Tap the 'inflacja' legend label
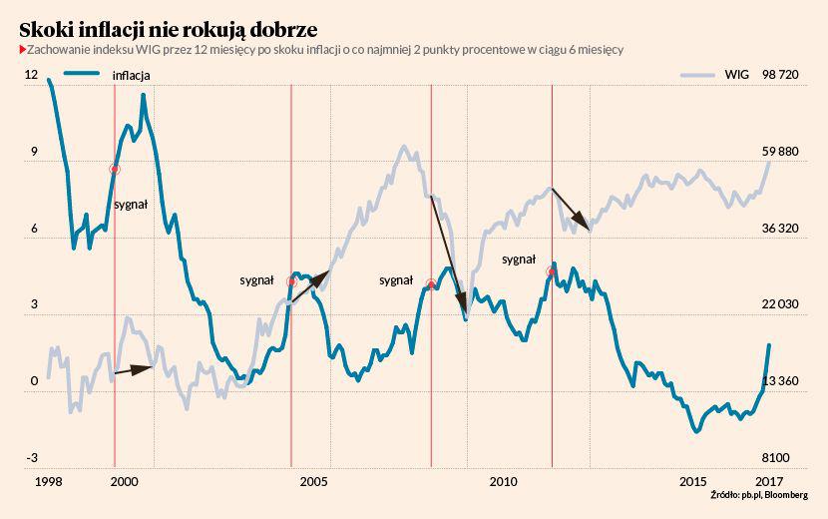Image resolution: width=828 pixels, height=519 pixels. (x=132, y=75)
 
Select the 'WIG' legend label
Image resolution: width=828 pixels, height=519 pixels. (x=737, y=75)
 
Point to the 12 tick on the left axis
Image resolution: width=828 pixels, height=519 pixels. (x=31, y=75)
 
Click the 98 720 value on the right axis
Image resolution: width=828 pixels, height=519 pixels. (x=780, y=75)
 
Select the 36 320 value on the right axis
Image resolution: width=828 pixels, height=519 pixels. (x=780, y=229)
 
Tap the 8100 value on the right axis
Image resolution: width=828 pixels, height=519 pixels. (x=775, y=458)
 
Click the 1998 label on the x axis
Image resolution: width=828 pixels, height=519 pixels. (x=48, y=482)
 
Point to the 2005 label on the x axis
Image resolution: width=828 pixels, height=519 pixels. (x=313, y=482)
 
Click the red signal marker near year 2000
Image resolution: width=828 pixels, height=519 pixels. (x=115, y=170)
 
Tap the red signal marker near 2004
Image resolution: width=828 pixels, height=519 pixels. (x=291, y=282)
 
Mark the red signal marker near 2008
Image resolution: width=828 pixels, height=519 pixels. (x=431, y=284)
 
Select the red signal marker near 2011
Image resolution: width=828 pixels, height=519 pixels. (x=552, y=270)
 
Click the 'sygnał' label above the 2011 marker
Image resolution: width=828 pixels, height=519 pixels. (x=519, y=259)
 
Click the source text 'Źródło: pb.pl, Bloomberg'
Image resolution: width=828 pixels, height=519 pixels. (x=759, y=495)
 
